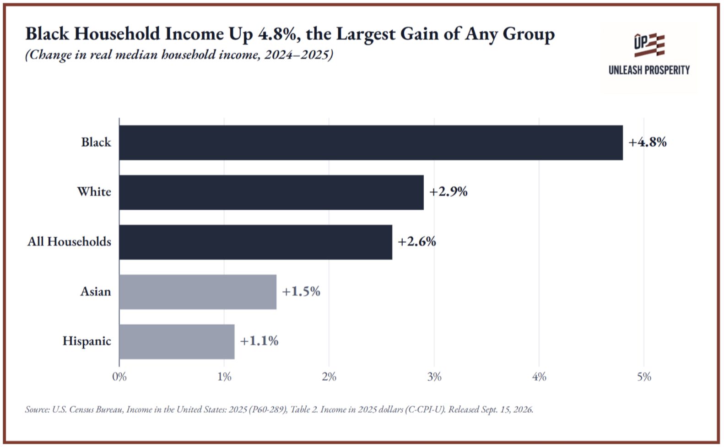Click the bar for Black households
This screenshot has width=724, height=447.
click(x=371, y=142)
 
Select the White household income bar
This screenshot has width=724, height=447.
click(x=271, y=192)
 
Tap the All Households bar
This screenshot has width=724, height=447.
click(x=256, y=242)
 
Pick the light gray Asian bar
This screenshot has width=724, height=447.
click(x=198, y=292)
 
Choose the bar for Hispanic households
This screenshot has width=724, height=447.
click(x=177, y=342)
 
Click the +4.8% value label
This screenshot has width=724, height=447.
click(x=648, y=142)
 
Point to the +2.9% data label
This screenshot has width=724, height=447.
click(x=448, y=192)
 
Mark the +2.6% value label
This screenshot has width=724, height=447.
click(x=417, y=242)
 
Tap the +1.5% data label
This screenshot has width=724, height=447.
click(x=301, y=291)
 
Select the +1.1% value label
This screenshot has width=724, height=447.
click(x=259, y=341)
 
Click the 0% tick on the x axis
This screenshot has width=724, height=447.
click(x=119, y=377)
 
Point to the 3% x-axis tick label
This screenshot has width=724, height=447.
click(x=434, y=377)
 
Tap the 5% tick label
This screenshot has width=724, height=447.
click(x=644, y=377)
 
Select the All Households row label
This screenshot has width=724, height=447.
click(x=69, y=242)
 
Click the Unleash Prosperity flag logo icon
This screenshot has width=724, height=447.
click(x=649, y=45)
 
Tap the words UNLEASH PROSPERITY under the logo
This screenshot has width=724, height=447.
click(x=649, y=70)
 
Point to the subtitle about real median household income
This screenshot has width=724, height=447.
click(x=179, y=55)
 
